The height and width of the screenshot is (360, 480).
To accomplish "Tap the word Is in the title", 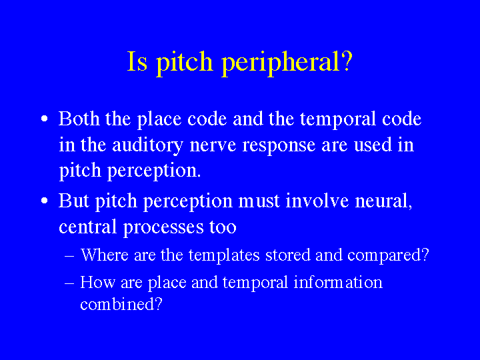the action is (137, 61).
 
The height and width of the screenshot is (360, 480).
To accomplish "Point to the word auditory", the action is (147, 145).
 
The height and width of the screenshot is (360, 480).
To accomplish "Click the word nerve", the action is (213, 146).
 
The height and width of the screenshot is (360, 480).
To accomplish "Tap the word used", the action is (373, 145).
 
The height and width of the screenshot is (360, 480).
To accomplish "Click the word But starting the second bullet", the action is (73, 201).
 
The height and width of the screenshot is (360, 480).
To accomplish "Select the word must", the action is (259, 201).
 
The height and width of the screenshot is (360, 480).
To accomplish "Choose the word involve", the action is (317, 201).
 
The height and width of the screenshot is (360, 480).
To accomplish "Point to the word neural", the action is (383, 201).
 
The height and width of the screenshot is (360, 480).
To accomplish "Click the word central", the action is (87, 227).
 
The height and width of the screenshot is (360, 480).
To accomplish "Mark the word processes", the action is (163, 228).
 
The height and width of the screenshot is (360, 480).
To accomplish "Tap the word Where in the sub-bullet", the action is (105, 255).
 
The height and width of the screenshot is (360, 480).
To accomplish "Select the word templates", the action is (224, 255).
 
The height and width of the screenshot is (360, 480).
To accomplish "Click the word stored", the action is (288, 255).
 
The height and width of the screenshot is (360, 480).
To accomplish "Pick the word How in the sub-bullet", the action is (97, 282).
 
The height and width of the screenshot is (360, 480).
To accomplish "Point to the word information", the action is (338, 282).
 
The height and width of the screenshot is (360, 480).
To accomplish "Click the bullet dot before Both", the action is (45, 119).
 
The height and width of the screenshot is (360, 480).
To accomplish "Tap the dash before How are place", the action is (69, 283).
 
